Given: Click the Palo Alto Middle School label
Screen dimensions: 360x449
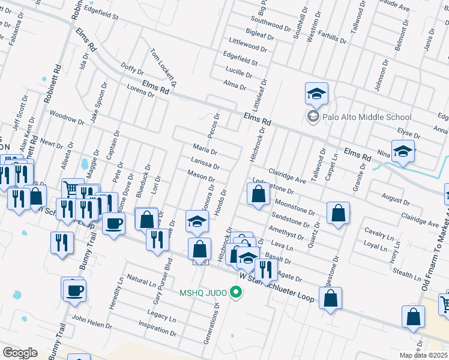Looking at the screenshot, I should (x=367, y=118).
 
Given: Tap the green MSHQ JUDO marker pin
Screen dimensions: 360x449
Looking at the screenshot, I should (x=237, y=293).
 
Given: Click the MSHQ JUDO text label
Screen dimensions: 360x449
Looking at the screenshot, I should (x=202, y=293).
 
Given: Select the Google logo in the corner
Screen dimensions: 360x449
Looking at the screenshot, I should (x=19, y=353).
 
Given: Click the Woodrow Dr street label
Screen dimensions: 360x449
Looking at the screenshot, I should (x=65, y=116).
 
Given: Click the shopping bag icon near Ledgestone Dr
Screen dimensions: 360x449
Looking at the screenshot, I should (x=258, y=194).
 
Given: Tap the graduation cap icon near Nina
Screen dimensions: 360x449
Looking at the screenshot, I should (x=403, y=151).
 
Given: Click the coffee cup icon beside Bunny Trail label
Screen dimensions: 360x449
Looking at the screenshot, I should (x=75, y=290).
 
